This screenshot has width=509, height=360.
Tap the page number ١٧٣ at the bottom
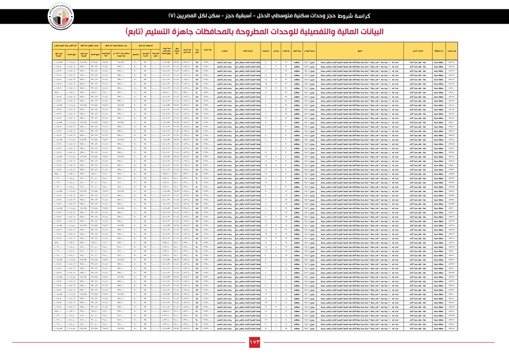tap(255, 342)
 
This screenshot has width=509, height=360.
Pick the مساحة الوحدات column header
tap(308, 50)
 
